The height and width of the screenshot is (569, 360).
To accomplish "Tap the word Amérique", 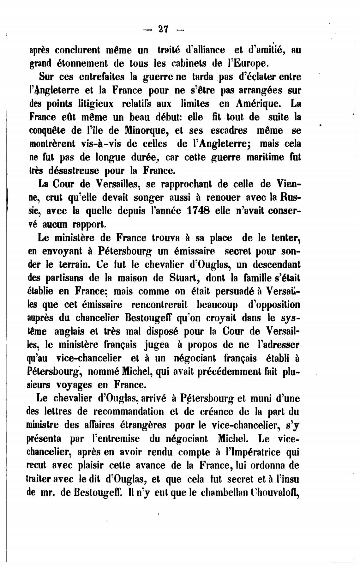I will (257, 104).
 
